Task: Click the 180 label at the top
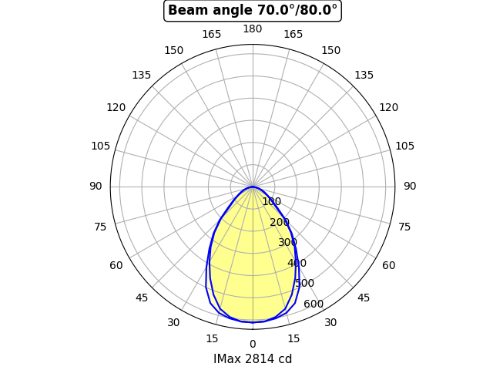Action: pyautogui.click(x=253, y=29)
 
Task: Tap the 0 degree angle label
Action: pyautogui.click(x=253, y=344)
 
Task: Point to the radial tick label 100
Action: pyautogui.click(x=271, y=202)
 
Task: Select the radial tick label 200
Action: pyautogui.click(x=280, y=223)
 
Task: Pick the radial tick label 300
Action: pyautogui.click(x=287, y=243)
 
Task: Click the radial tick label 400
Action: pyautogui.click(x=297, y=264)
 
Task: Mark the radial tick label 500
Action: pyautogui.click(x=304, y=284)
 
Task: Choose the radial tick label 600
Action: pyautogui.click(x=314, y=304)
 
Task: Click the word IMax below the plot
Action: pyautogui.click(x=227, y=359)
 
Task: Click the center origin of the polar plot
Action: pyautogui.click(x=253, y=187)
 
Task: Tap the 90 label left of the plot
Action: pyautogui.click(x=96, y=187)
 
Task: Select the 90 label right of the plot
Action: pyautogui.click(x=410, y=187)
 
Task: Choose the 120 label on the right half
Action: pyautogui.click(x=389, y=108)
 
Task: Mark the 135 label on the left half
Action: pyautogui.click(x=141, y=75)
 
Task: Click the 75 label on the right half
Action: pyautogui.click(x=404, y=227)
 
